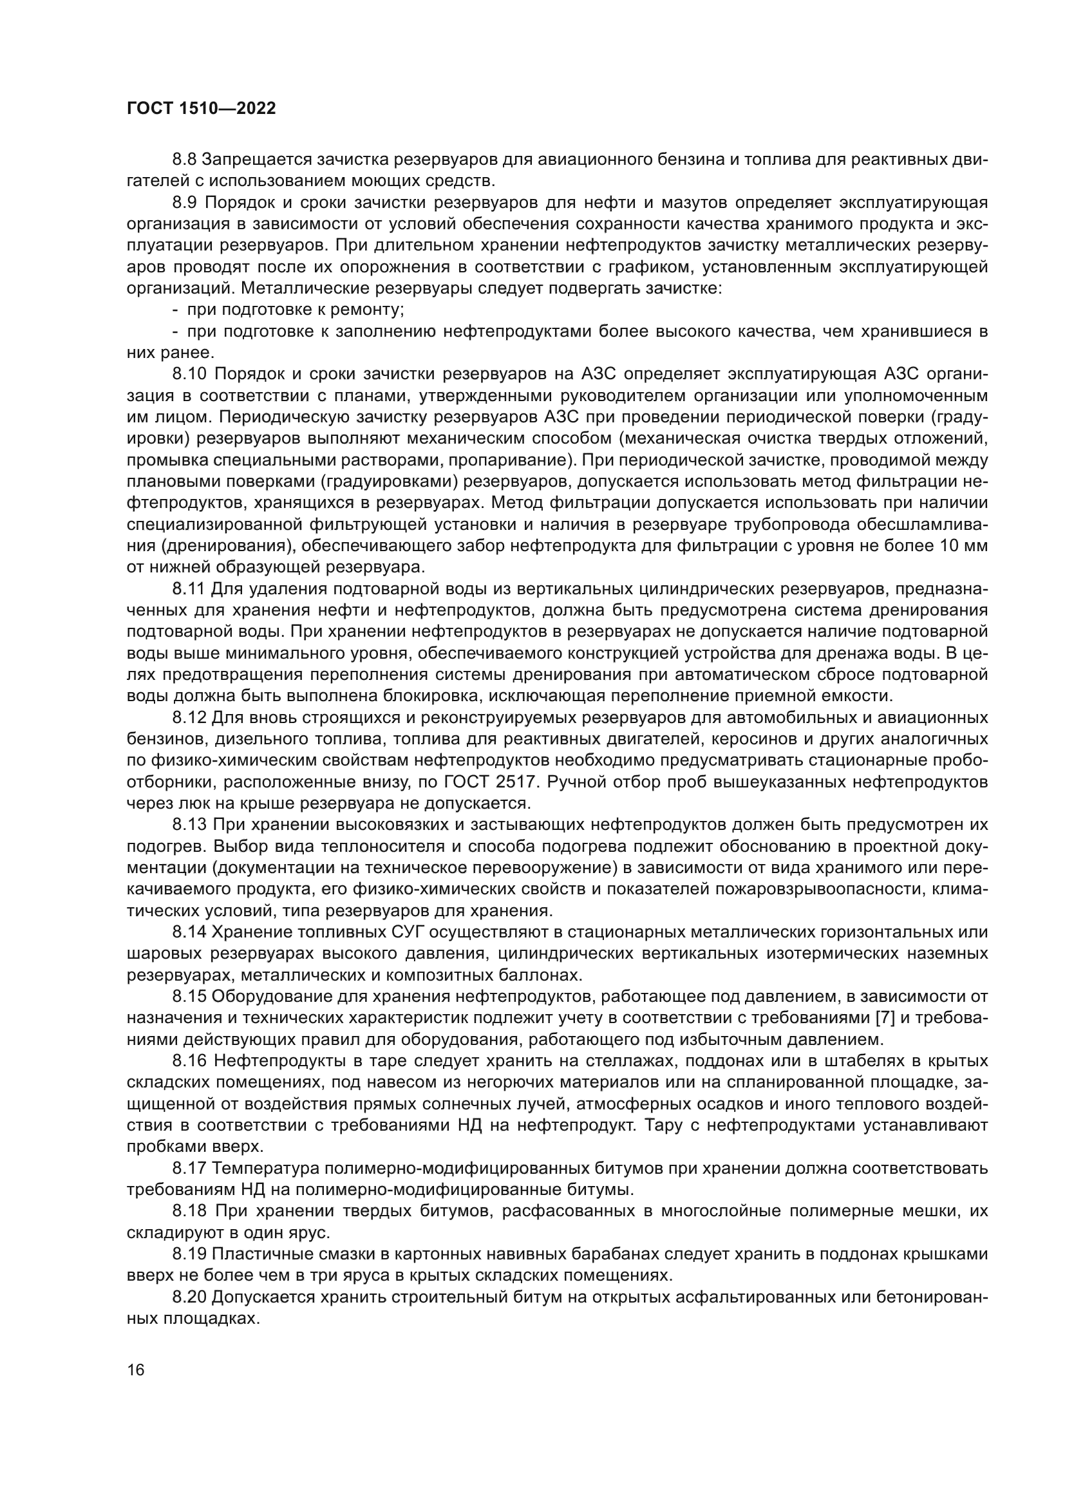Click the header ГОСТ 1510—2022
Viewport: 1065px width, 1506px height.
coord(201,109)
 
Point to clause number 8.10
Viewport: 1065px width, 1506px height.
coord(189,375)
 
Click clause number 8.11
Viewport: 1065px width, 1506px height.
coord(189,590)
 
